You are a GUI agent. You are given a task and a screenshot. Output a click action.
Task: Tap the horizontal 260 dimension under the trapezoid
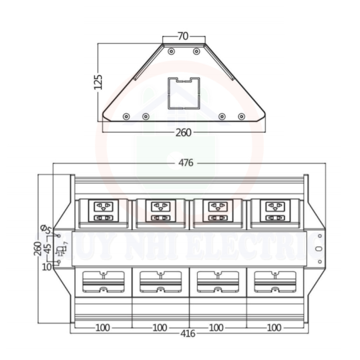(183, 132)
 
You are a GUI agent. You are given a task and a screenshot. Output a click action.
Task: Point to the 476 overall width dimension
(186, 163)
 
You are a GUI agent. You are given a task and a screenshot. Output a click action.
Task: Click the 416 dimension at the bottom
(188, 334)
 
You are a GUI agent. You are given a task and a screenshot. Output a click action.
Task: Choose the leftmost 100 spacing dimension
(102, 327)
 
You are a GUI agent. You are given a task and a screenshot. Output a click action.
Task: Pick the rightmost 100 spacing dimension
(274, 327)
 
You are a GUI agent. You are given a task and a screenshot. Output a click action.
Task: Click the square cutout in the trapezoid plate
(183, 92)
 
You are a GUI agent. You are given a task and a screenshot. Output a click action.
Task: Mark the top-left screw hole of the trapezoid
(171, 51)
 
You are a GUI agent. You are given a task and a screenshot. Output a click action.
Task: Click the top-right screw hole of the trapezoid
(196, 51)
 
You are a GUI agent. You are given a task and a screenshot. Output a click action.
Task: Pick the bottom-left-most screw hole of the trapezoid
(126, 116)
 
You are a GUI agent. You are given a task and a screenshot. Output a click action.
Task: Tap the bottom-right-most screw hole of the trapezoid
(241, 116)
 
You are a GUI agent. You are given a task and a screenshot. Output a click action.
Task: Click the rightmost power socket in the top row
(274, 212)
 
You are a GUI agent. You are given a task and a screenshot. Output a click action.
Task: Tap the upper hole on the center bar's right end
(319, 236)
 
